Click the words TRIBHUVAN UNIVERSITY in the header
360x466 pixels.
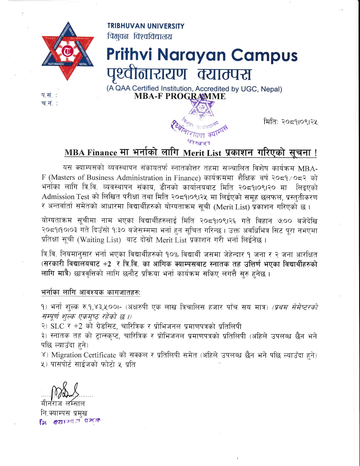[x=146, y=26]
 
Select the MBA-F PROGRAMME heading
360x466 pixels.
[x=180, y=96]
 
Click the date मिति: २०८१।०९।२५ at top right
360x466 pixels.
[x=290, y=122]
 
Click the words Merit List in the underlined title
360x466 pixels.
[x=202, y=153]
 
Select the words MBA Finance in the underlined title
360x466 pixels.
[x=91, y=153]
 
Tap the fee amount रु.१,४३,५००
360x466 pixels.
[x=102, y=307]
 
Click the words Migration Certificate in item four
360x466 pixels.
[x=84, y=355]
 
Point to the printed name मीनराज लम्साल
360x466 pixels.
[x=63, y=403]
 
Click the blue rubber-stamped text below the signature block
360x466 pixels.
[x=70, y=421]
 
